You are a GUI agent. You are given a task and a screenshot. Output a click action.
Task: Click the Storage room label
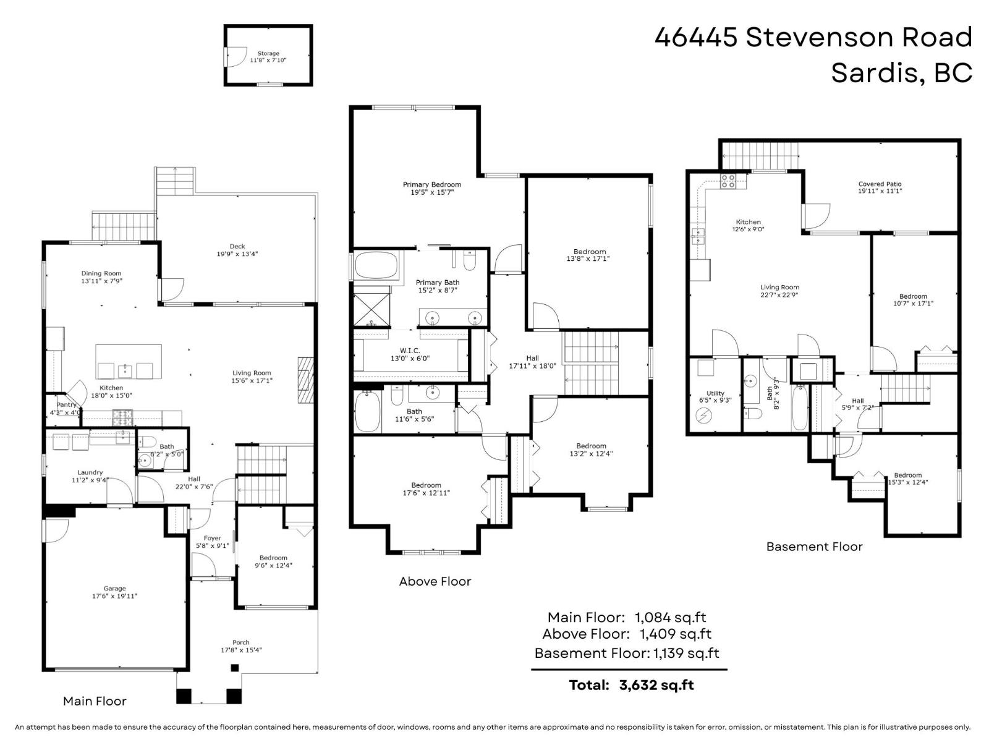pyautogui.click(x=268, y=53)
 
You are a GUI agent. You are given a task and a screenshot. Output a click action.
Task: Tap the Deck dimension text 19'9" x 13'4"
pyautogui.click(x=237, y=254)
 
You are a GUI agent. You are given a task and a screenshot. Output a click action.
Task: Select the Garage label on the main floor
pyautogui.click(x=114, y=589)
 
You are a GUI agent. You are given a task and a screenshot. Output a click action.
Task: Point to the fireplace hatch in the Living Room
pyautogui.click(x=305, y=380)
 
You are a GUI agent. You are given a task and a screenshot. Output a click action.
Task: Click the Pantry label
pyautogui.click(x=66, y=404)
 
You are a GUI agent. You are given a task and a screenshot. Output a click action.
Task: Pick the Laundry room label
pyautogui.click(x=90, y=472)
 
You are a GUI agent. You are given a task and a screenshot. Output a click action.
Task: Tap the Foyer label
pyautogui.click(x=212, y=539)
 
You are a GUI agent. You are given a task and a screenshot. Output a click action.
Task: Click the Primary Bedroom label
pyautogui.click(x=431, y=184)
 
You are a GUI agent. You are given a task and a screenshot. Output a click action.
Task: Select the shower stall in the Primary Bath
pyautogui.click(x=371, y=309)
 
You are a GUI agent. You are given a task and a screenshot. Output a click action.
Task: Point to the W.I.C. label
pyautogui.click(x=410, y=351)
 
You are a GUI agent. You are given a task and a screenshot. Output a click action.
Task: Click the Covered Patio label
pyautogui.click(x=880, y=184)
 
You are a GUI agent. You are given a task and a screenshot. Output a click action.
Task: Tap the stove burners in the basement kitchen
pyautogui.click(x=728, y=181)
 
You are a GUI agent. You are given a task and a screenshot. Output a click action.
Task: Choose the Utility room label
pyautogui.click(x=715, y=393)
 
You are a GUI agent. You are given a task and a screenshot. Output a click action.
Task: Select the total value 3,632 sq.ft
pyautogui.click(x=656, y=685)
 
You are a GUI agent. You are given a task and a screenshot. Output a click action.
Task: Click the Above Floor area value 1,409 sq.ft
pyautogui.click(x=676, y=634)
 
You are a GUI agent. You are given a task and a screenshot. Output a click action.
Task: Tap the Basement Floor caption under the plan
pyautogui.click(x=814, y=547)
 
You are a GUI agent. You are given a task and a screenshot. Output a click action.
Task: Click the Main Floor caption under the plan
pyautogui.click(x=95, y=701)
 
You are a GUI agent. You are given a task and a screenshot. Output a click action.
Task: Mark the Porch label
pyautogui.click(x=240, y=642)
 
